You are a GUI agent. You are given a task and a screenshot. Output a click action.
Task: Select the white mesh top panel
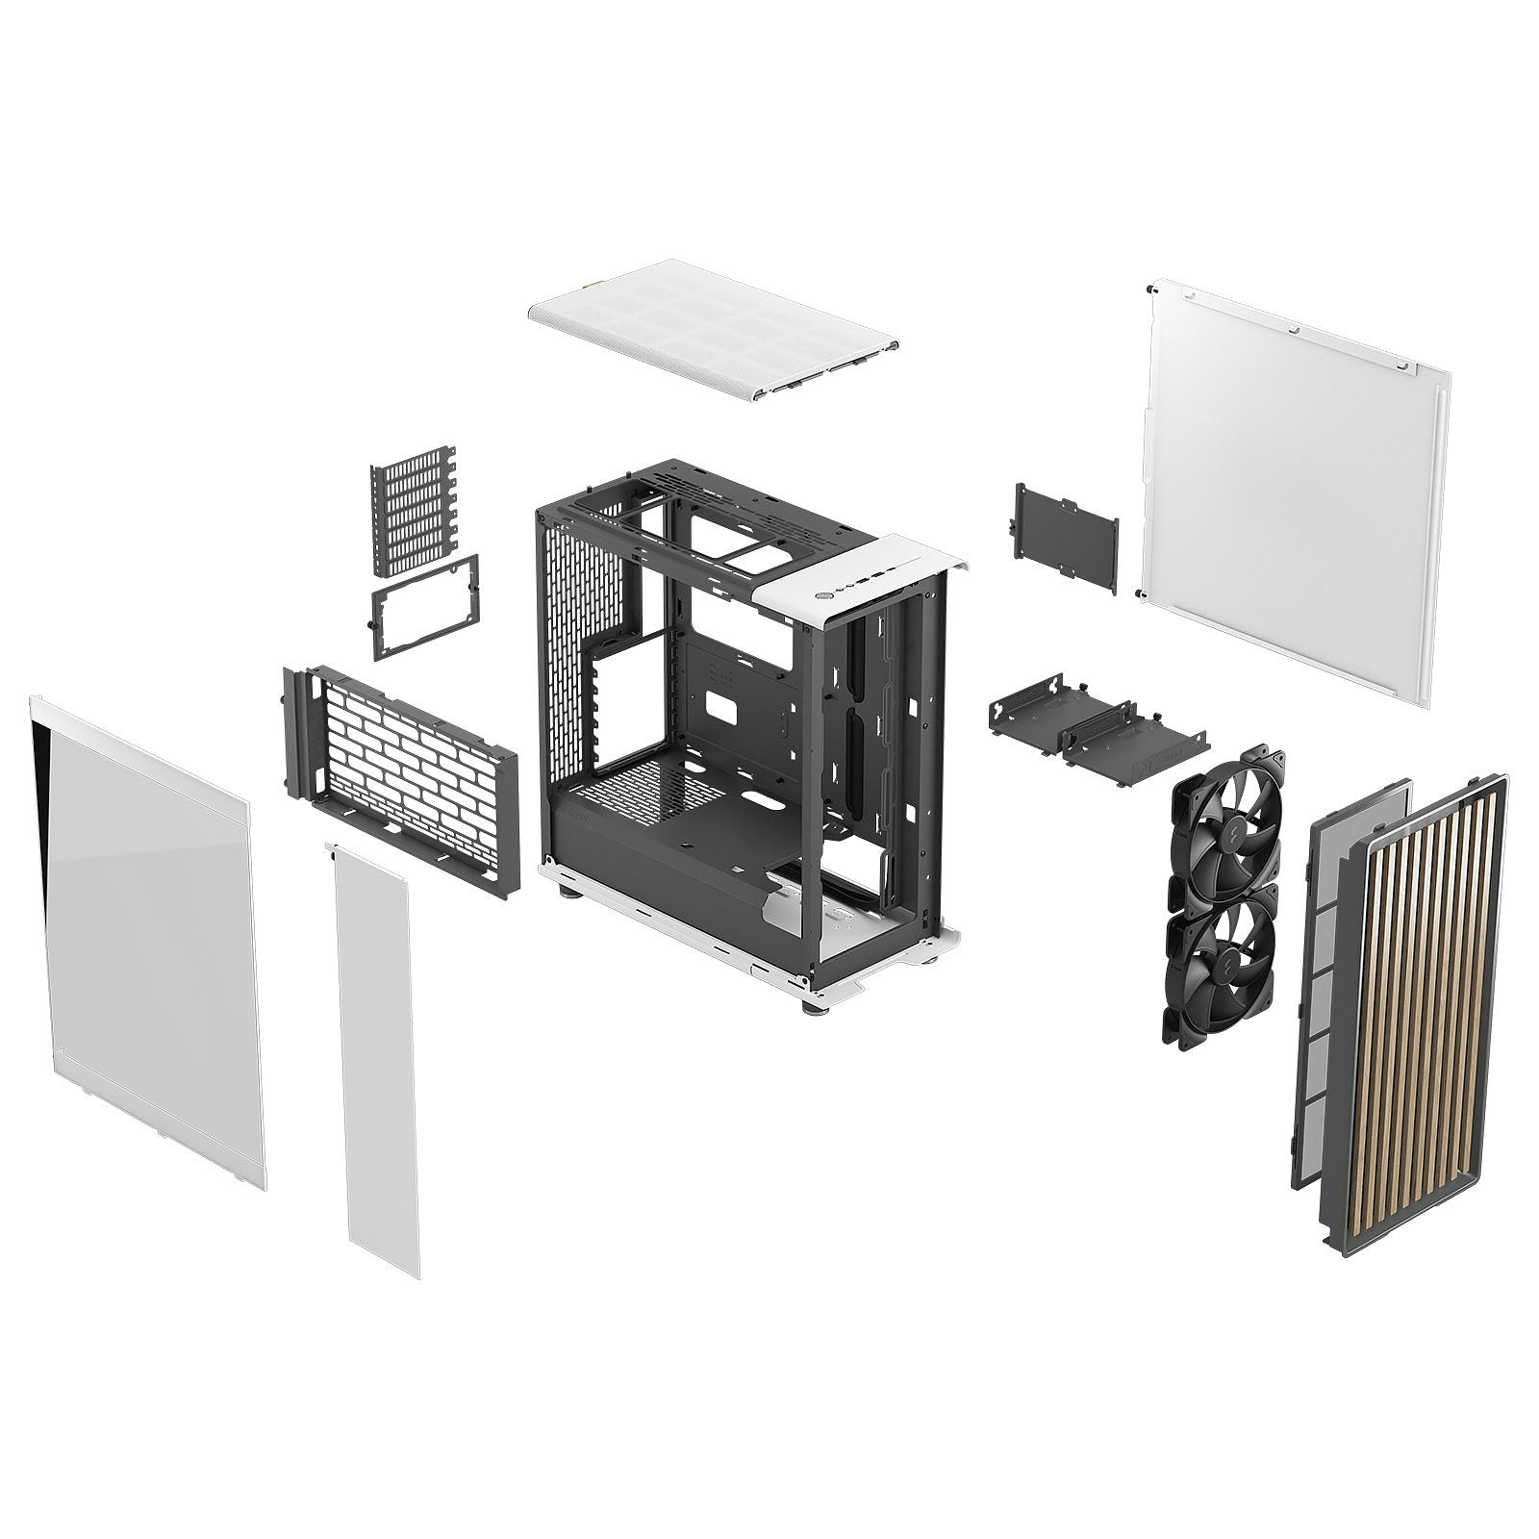712,327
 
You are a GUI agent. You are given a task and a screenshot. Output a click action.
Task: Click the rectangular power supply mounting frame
424,607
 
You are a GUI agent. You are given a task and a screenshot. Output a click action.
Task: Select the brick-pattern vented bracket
402,779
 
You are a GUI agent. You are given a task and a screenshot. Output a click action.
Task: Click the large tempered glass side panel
149,943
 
